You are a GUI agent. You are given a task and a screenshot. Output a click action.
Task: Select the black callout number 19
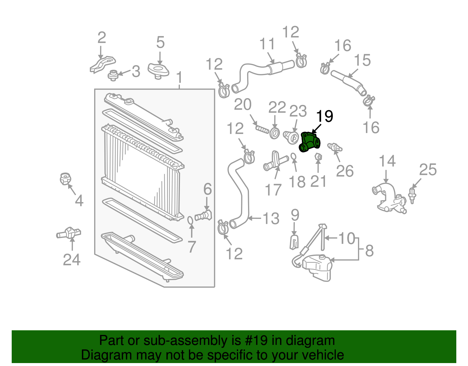tap(325, 116)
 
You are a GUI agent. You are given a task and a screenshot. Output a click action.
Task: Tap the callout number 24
tap(72, 259)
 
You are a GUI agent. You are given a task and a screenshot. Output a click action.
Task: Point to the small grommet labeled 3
tap(113, 75)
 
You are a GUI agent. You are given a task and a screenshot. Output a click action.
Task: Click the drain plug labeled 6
tap(204, 216)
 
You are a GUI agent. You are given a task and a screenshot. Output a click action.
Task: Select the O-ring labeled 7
tap(190, 220)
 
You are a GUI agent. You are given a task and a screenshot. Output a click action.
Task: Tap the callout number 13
tap(271, 218)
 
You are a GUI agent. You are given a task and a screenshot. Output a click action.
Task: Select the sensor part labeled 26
tap(335, 147)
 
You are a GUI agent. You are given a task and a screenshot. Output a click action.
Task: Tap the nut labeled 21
tap(318, 157)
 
